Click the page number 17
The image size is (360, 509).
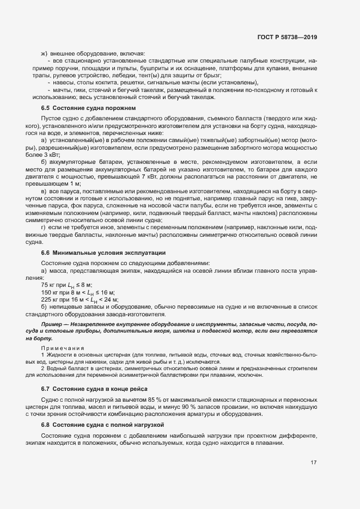tap(314, 463)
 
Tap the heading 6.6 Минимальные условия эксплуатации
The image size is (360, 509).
tap(100, 253)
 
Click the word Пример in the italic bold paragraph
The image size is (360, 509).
tap(52, 324)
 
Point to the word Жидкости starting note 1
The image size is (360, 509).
tap(59, 354)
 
